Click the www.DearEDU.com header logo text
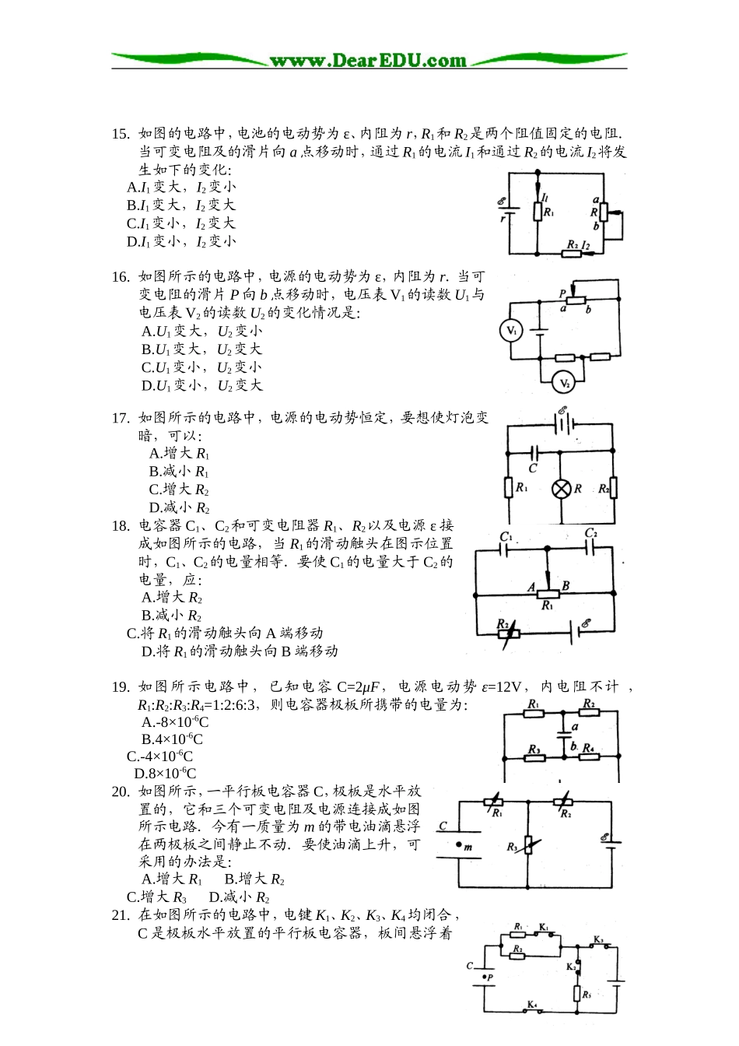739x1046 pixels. [368, 61]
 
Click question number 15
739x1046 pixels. [121, 134]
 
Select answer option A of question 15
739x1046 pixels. [181, 187]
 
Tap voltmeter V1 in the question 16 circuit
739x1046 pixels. [511, 331]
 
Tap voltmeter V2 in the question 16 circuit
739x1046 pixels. [565, 383]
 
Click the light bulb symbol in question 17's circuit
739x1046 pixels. [562, 489]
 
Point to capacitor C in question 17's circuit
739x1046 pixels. [534, 452]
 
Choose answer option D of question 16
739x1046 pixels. [201, 385]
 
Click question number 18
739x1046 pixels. [121, 526]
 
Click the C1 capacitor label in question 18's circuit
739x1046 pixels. [506, 537]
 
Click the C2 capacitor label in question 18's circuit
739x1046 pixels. [591, 534]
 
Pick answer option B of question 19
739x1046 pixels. [172, 739]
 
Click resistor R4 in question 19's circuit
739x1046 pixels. [590, 755]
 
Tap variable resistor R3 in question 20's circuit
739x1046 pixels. [528, 845]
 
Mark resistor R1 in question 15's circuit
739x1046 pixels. [538, 211]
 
